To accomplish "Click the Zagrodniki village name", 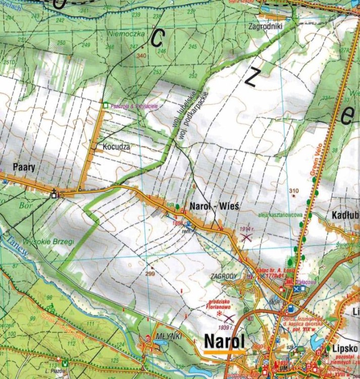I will (x=266, y=26).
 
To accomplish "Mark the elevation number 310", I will (x=294, y=191).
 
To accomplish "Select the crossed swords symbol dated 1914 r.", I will (x=246, y=236).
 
